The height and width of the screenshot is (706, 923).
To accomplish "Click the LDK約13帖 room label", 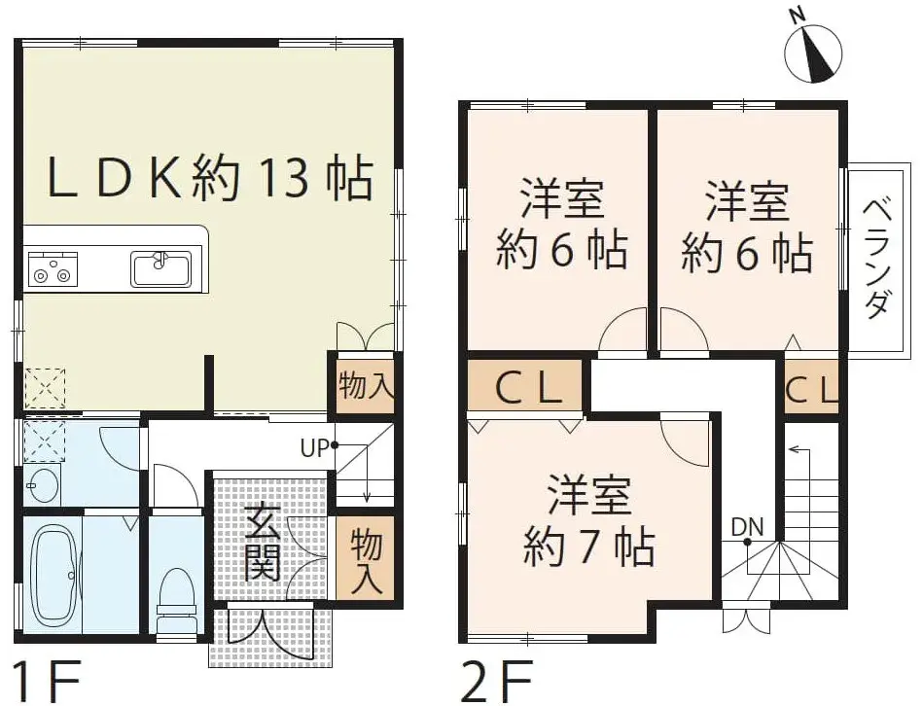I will point(210,179).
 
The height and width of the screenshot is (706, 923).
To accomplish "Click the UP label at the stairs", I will point(313,449).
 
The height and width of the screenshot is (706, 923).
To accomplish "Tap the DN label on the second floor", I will point(747,527).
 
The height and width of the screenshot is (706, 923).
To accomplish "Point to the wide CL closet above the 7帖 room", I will point(526,389).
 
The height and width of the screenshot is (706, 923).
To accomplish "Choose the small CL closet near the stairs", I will point(811,391).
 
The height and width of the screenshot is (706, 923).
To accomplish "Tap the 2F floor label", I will point(491,678).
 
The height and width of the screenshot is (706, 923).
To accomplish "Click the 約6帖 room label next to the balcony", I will point(746,229).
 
